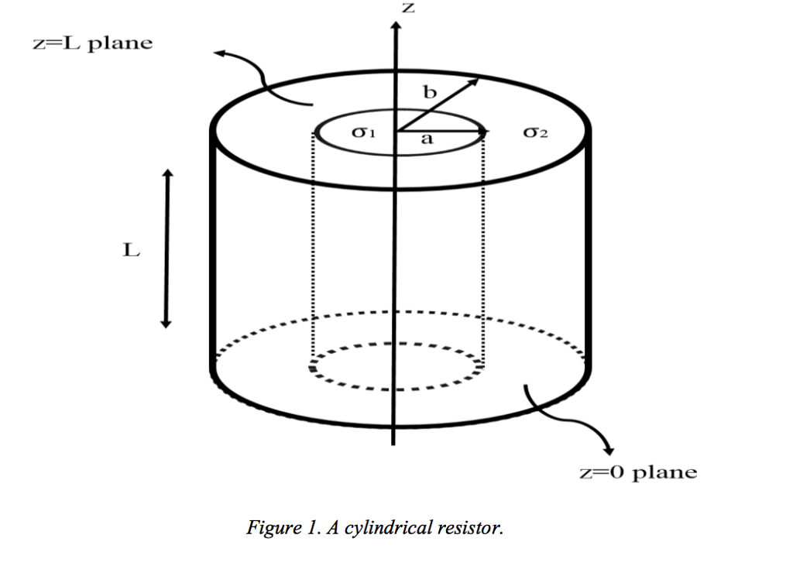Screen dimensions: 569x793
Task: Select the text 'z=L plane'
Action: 92,43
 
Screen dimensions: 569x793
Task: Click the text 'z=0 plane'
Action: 638,472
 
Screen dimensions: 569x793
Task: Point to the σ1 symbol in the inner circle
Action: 363,132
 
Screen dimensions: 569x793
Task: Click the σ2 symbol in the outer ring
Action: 535,133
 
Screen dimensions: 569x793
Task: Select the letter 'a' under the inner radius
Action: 425,140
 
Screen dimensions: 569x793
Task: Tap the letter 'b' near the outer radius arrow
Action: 429,92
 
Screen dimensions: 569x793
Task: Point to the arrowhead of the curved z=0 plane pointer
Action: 608,448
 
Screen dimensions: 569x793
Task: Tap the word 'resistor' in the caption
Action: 471,529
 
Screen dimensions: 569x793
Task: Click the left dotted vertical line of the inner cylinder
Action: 312,248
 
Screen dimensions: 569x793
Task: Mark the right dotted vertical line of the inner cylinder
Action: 484,248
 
